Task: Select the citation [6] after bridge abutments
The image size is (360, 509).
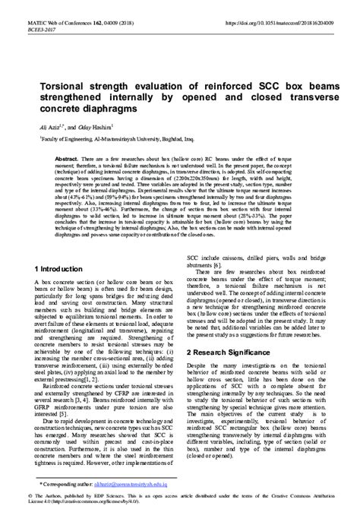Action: pos(217,263)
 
